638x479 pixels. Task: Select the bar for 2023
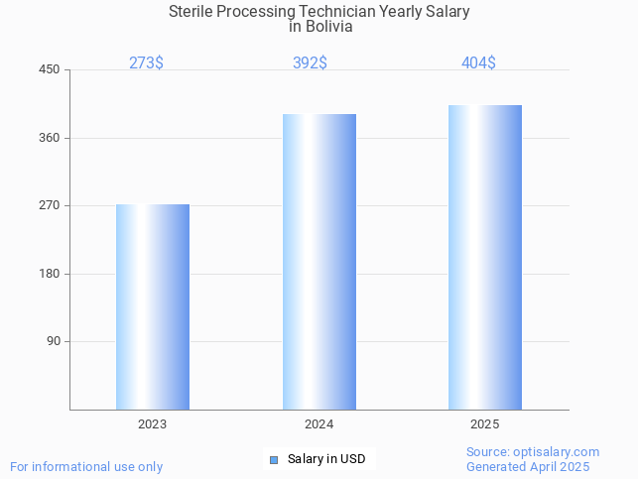153,306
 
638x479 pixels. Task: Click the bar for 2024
319,262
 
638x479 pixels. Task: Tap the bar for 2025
484,257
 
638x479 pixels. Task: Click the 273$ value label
146,62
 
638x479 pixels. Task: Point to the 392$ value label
310,62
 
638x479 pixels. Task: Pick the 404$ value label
478,62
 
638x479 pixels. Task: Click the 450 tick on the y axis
50,69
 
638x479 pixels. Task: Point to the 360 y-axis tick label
50,138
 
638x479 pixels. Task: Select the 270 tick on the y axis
50,205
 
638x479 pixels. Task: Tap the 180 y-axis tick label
50,274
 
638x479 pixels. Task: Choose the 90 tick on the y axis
54,341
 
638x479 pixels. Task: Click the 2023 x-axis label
153,424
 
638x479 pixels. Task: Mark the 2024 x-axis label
319,424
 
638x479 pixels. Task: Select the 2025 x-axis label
484,424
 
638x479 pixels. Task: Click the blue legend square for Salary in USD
274,459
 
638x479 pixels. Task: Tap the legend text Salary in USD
326,459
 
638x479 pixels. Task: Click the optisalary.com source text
533,451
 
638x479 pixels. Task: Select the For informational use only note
86,466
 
